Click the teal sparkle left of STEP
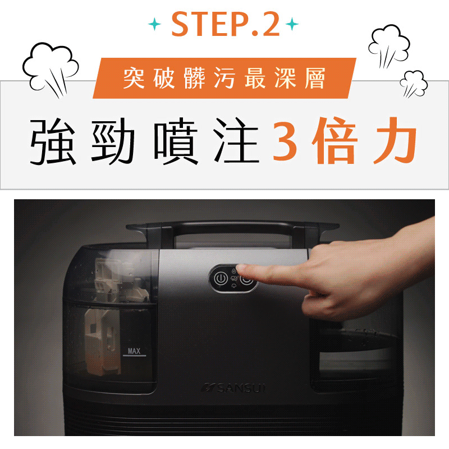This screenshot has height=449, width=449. (155, 24)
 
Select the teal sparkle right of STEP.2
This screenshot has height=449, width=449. (292, 24)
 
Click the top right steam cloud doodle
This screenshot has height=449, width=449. (389, 47)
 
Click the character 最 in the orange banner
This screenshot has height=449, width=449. (255, 78)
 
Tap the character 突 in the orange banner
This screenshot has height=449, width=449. (134, 78)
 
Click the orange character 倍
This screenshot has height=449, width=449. (335, 140)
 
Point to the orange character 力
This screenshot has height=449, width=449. (396, 140)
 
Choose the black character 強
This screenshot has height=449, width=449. (53, 141)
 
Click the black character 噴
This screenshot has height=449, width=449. (176, 141)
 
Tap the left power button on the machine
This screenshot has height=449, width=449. (221, 278)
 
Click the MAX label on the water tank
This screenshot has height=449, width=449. (134, 351)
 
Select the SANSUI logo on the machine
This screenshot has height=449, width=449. (233, 388)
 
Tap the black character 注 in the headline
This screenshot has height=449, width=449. (236, 141)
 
